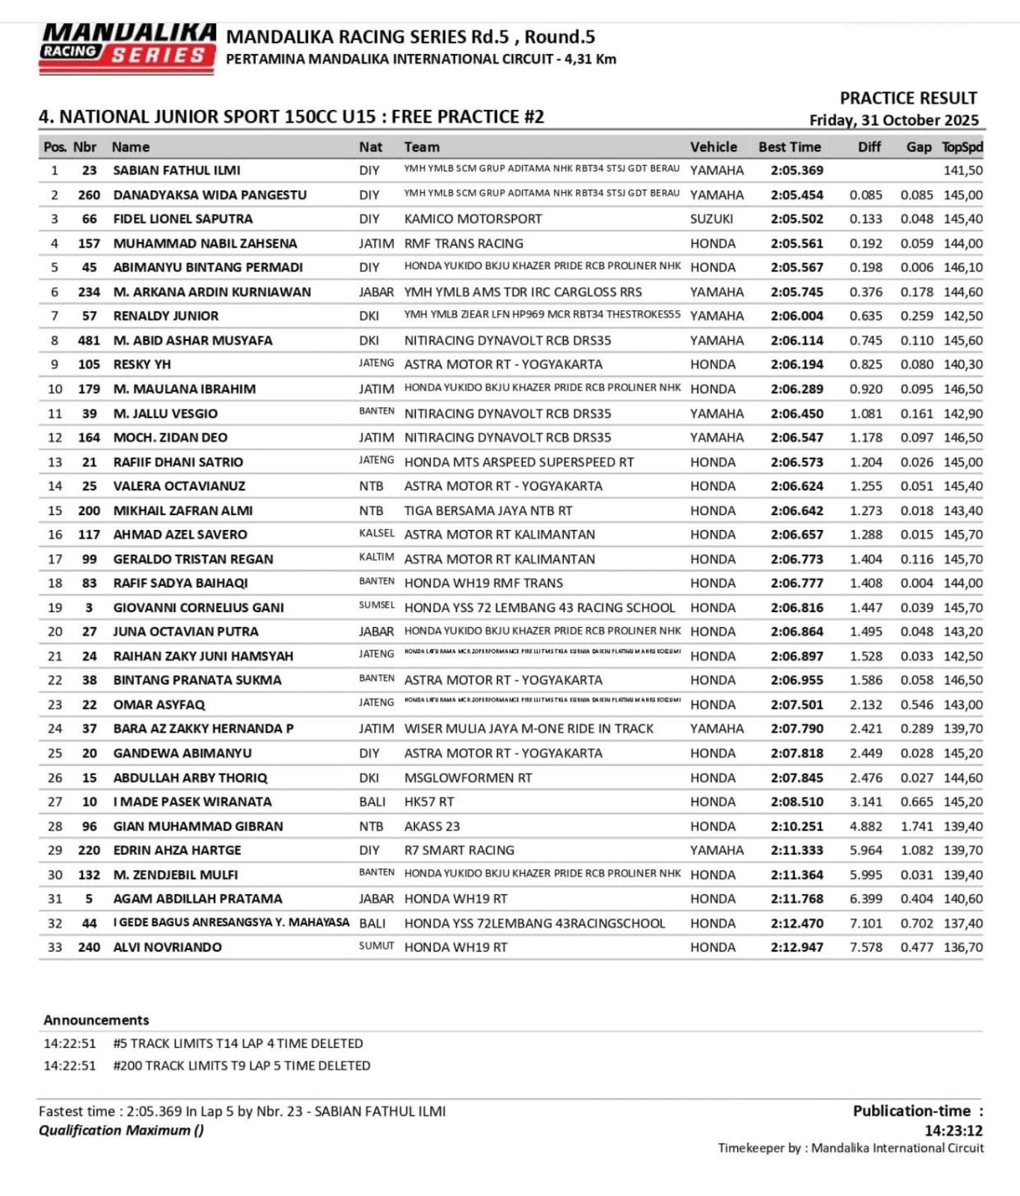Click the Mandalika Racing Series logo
pyautogui.click(x=127, y=48)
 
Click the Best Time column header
pyautogui.click(x=789, y=147)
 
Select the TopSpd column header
pyautogui.click(x=962, y=147)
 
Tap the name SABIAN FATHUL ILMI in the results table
pyautogui.click(x=176, y=170)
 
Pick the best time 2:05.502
pyautogui.click(x=796, y=219)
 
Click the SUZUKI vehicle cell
pyautogui.click(x=711, y=219)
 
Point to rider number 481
pyautogui.click(x=89, y=340)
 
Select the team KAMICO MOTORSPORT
pyautogui.click(x=473, y=219)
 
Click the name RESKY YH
pyautogui.click(x=142, y=365)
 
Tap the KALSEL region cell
pyautogui.click(x=376, y=534)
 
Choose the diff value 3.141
pyautogui.click(x=865, y=802)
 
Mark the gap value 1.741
pyautogui.click(x=917, y=826)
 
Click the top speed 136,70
pyautogui.click(x=962, y=947)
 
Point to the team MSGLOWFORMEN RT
pyautogui.click(x=468, y=777)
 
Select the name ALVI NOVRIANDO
pyautogui.click(x=168, y=947)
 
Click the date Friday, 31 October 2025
pyautogui.click(x=894, y=120)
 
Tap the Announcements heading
pyautogui.click(x=96, y=1020)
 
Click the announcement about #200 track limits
pyautogui.click(x=242, y=1066)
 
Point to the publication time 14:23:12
pyautogui.click(x=953, y=1131)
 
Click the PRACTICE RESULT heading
pyautogui.click(x=908, y=98)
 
